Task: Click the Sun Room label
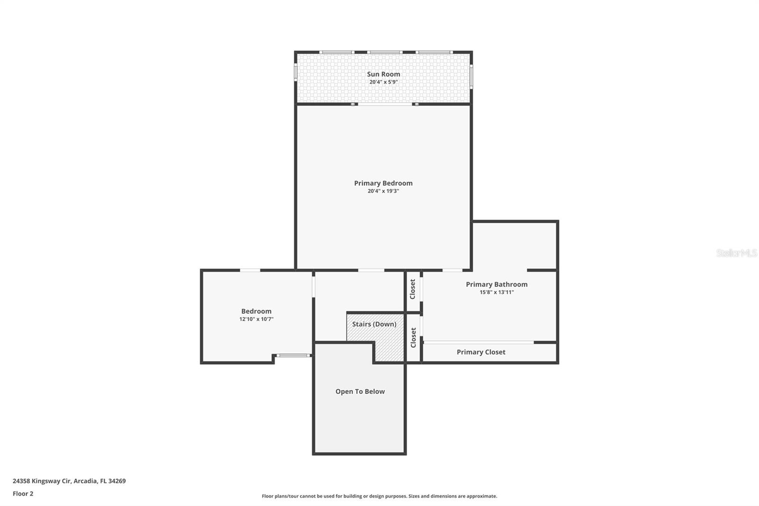383,74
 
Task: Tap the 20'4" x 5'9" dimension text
383,82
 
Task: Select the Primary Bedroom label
383,183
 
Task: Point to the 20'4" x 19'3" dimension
383,191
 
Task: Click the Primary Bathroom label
496,284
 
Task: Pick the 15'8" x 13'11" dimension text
496,292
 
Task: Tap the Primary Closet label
481,352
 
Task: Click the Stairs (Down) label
374,324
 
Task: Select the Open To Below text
360,392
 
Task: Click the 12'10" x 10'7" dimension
256,319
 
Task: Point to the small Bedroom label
256,311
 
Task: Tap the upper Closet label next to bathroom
413,289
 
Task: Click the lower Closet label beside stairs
413,337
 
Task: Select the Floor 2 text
23,494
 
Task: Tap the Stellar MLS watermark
736,253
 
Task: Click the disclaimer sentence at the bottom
379,496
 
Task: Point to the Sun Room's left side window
296,72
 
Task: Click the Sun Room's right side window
471,76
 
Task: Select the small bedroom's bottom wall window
293,355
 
